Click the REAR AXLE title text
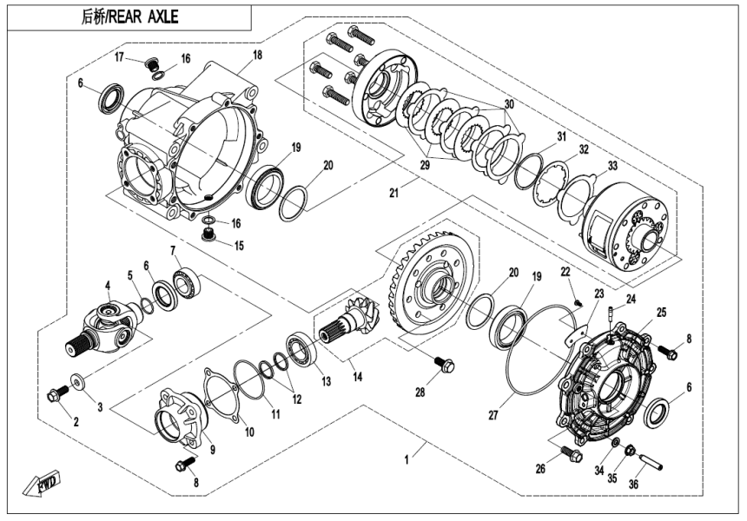129,16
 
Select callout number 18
257,55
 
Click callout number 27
492,416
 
